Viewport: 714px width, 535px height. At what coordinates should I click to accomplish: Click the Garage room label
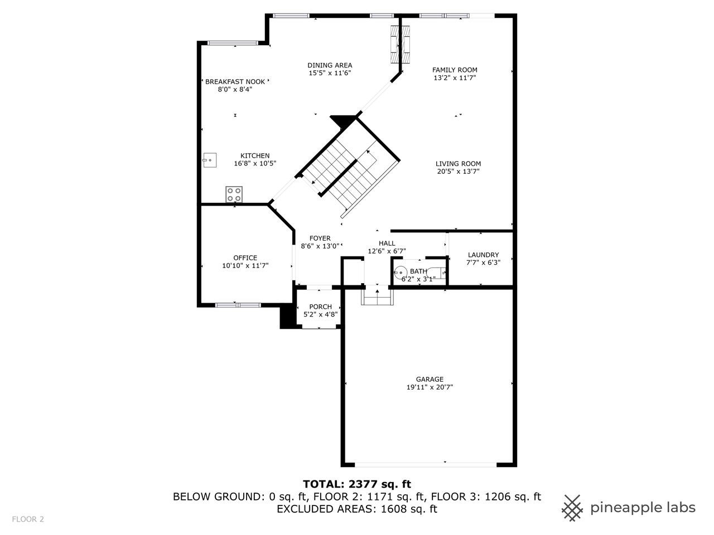tap(429, 379)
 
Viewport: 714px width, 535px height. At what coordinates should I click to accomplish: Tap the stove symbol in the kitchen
tap(234, 194)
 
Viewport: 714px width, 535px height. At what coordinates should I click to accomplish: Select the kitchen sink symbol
tap(209, 160)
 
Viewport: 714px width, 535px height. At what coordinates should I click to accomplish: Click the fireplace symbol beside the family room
tap(401, 44)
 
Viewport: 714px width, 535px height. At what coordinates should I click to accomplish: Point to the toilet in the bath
tap(441, 273)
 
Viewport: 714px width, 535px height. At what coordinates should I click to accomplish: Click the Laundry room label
tap(483, 255)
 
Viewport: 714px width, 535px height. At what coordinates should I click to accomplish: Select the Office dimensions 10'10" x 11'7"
tap(245, 266)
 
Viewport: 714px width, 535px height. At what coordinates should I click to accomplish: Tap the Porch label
tap(320, 307)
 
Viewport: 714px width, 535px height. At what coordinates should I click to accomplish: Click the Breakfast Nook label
tap(235, 81)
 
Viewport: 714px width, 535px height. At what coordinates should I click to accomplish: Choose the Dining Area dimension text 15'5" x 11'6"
tap(330, 73)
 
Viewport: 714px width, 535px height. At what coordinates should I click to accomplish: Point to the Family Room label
tap(455, 70)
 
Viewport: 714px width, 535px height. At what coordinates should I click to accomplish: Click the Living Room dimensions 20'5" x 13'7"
tap(458, 172)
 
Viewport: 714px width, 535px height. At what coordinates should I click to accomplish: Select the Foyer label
tap(320, 238)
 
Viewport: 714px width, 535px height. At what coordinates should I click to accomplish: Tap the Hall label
tap(387, 243)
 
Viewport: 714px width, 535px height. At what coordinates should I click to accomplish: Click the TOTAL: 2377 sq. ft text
tap(357, 484)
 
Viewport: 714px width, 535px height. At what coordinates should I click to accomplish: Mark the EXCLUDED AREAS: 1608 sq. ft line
tap(357, 509)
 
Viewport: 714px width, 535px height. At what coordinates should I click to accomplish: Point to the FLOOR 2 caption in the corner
tap(28, 519)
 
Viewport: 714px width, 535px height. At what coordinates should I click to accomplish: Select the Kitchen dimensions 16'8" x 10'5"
tap(255, 164)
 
